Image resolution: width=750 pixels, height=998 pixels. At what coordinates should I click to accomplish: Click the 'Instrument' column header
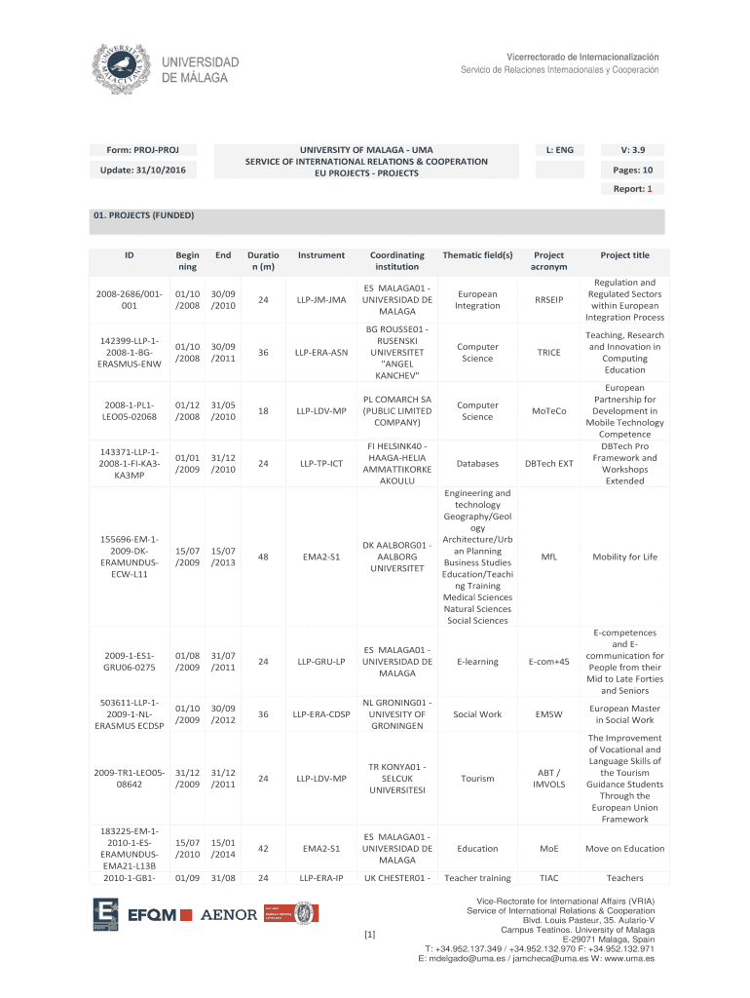pyautogui.click(x=321, y=255)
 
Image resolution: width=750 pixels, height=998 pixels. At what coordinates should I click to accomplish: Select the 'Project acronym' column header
pyautogui.click(x=549, y=260)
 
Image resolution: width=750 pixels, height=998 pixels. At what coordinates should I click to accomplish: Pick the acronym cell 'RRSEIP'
pyautogui.click(x=549, y=300)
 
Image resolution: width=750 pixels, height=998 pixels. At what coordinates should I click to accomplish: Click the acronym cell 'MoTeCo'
pyautogui.click(x=549, y=411)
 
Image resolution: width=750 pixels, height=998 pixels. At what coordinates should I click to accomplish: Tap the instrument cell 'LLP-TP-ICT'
pyautogui.click(x=321, y=464)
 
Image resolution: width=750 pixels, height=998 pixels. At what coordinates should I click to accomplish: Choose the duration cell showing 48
pyautogui.click(x=263, y=557)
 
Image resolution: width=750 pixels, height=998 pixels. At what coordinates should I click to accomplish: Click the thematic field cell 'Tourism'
pyautogui.click(x=477, y=779)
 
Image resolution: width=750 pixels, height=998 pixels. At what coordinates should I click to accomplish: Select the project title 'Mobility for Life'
pyautogui.click(x=624, y=557)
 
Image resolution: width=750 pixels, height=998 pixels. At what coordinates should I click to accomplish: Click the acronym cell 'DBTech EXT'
pyautogui.click(x=549, y=464)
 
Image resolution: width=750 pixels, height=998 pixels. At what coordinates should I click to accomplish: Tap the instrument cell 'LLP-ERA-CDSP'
pyautogui.click(x=321, y=714)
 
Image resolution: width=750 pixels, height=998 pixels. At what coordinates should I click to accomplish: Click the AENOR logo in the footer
pyautogui.click(x=229, y=914)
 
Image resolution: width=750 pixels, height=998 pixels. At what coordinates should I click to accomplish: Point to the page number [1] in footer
pyautogui.click(x=369, y=936)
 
